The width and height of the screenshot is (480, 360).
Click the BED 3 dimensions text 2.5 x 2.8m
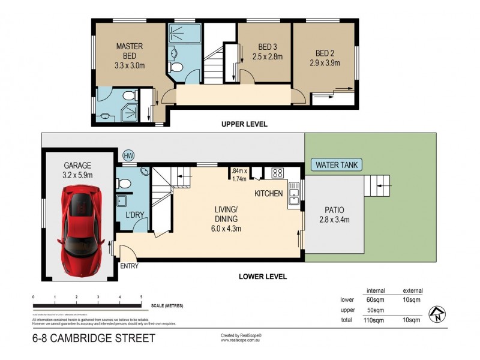[267, 58]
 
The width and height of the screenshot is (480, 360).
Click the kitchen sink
[294, 194]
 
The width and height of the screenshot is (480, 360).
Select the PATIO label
[334, 210]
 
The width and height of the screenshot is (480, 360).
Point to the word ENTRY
[129, 266]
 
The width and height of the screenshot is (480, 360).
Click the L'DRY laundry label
[133, 214]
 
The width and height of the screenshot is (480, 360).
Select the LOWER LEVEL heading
[262, 277]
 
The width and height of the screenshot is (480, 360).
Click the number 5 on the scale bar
[141, 297]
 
